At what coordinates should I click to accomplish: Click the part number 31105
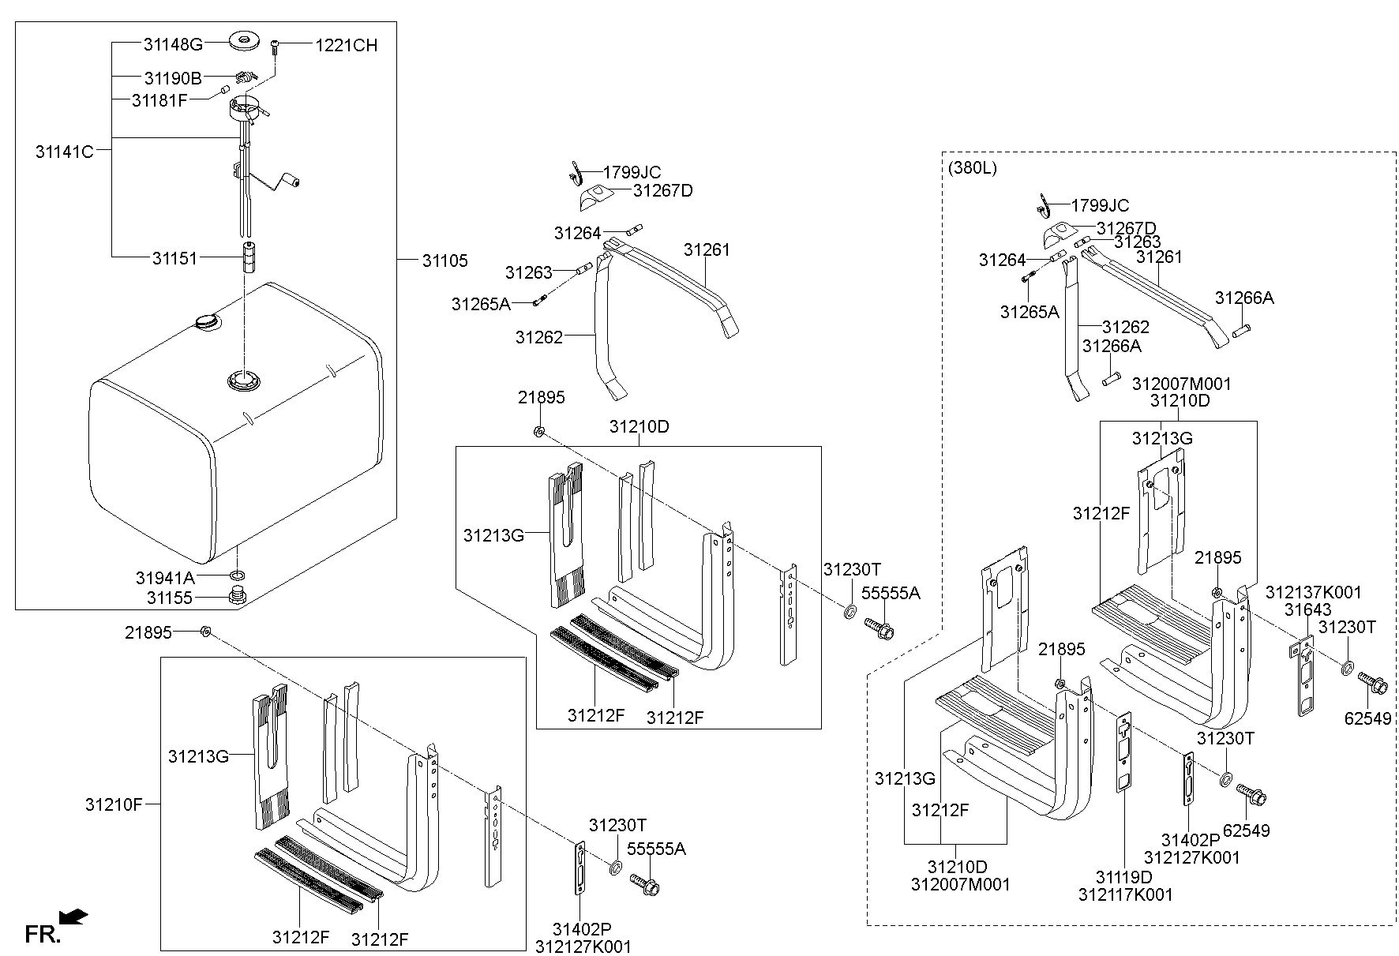coord(444,261)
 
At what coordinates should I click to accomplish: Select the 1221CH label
coord(347,46)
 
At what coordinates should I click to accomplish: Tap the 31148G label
coord(173,44)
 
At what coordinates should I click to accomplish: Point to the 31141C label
coord(65,152)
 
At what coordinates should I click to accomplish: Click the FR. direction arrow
coord(74,917)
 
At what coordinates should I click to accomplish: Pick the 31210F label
coord(114,805)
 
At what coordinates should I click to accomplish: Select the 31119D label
coord(1123,877)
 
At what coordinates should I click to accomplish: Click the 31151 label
coord(174,257)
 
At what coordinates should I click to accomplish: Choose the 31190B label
coord(173,78)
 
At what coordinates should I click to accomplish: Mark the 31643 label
coord(1307,609)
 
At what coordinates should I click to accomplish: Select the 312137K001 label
coord(1314,592)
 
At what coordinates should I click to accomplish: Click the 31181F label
coord(159,100)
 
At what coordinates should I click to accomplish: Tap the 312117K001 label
coord(1126,894)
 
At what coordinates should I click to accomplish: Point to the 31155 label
coord(169,598)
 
